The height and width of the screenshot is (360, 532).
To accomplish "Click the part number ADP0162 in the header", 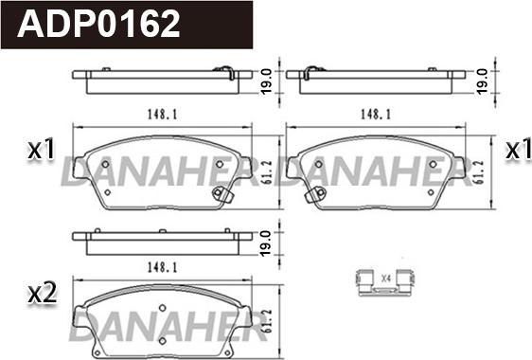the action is click(98, 23).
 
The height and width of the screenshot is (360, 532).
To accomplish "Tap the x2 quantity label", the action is click(42, 294).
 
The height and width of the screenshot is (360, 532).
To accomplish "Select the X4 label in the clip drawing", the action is click(386, 279).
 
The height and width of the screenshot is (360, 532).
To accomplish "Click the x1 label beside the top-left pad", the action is click(41, 149).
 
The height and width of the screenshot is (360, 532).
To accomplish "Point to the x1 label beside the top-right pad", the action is click(519, 149).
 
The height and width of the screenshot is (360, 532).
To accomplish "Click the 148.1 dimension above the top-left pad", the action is click(162, 115).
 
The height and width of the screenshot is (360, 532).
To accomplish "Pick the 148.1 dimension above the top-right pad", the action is click(376, 115).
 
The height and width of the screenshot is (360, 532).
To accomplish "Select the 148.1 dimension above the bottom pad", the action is click(162, 267).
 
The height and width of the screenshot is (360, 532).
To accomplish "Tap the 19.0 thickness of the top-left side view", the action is click(266, 81).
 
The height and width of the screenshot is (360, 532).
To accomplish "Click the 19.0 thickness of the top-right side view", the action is click(482, 81).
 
